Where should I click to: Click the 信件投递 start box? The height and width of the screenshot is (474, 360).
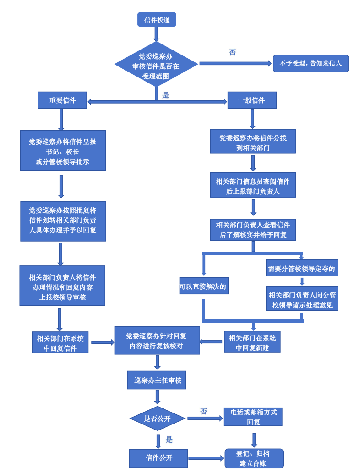157,20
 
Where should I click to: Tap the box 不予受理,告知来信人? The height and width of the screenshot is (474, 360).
311,63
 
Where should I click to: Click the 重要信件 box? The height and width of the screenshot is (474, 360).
62,100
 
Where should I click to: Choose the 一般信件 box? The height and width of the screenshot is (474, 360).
252,100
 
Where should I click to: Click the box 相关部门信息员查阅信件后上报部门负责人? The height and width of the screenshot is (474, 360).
253,185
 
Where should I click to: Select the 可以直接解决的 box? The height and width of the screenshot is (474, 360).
203,286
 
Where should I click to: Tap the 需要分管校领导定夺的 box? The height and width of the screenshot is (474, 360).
302,268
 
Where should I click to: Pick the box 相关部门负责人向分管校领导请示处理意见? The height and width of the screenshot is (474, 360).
302,299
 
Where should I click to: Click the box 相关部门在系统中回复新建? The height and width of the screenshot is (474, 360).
252,342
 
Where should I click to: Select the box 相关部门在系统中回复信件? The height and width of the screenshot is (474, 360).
60,342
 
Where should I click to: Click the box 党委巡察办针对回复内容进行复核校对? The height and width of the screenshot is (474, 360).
157,341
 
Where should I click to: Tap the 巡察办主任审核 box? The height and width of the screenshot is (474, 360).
157,380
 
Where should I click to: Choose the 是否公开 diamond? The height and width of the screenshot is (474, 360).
158,418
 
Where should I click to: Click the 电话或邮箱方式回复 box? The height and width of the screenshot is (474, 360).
253,417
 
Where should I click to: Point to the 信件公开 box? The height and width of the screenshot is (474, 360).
158,458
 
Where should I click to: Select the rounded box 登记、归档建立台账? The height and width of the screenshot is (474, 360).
254,458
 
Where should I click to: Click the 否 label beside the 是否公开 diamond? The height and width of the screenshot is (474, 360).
203,411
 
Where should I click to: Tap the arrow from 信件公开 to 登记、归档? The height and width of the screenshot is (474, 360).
206,458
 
